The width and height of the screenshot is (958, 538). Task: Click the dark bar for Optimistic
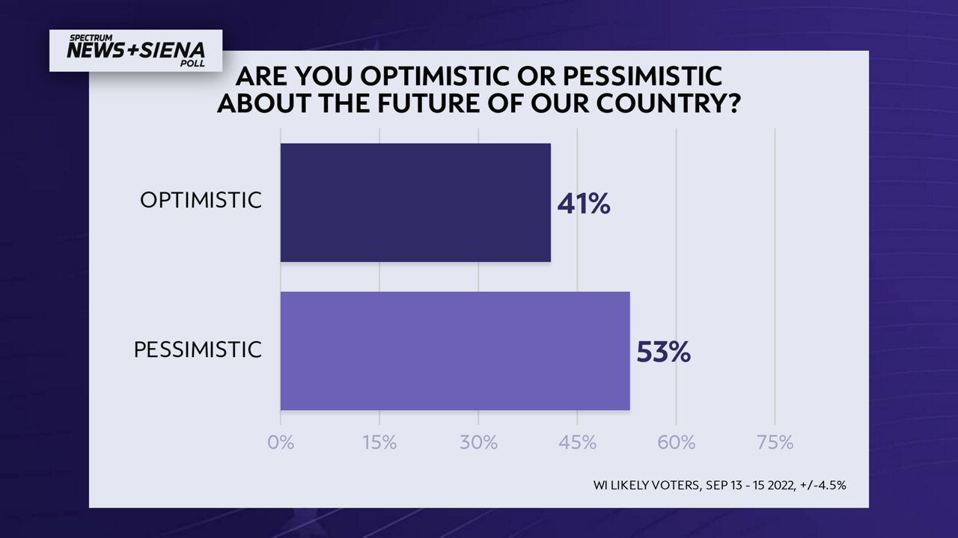click(415, 202)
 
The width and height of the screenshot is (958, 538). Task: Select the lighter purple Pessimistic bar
click(455, 351)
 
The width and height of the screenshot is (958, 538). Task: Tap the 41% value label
click(584, 204)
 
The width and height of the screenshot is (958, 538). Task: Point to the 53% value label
click(663, 352)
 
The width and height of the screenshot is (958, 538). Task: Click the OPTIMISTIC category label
click(201, 200)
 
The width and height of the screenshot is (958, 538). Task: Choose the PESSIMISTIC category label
click(198, 350)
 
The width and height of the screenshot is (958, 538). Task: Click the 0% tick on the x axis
click(281, 443)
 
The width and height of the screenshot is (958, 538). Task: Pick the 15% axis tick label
click(379, 443)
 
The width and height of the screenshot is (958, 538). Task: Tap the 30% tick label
click(478, 443)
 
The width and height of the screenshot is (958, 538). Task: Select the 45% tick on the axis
click(577, 443)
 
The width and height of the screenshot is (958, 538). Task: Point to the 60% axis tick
click(676, 443)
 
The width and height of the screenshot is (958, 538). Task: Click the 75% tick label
click(775, 443)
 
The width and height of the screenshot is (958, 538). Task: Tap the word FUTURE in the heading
click(428, 103)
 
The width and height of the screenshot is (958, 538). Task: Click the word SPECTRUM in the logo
click(91, 38)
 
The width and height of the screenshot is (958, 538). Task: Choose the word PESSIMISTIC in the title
click(642, 76)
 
